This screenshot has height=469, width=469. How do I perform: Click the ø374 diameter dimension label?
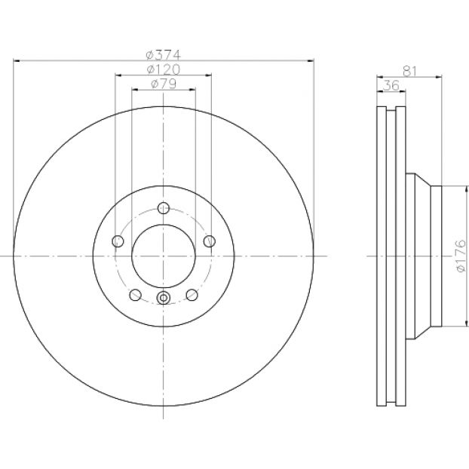coord(164,55)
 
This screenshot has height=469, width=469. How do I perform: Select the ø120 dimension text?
coord(164,69)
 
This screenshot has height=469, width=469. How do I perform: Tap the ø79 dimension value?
coord(164,84)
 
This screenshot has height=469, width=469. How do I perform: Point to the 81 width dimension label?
coord(409,71)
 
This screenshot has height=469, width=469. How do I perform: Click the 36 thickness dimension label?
coord(391,85)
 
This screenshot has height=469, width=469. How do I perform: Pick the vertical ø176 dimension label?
coord(461,256)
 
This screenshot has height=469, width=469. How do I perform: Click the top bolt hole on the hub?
coord(164,208)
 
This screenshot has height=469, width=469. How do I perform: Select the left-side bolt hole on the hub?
coord(118,241)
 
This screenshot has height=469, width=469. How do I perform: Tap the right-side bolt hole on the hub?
coord(210,241)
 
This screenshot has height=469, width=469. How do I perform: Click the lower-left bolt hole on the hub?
coord(136,295)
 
